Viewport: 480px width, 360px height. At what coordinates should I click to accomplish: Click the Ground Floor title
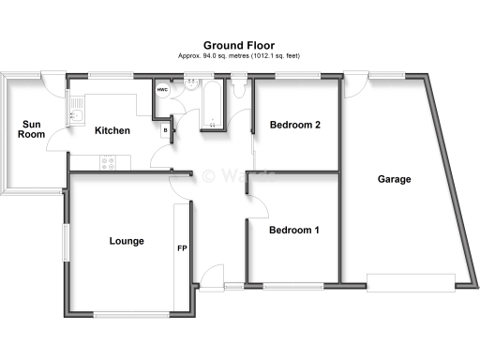[239, 43]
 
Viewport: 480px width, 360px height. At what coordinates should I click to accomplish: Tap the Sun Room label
[31, 129]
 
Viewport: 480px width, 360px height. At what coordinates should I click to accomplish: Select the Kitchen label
[112, 130]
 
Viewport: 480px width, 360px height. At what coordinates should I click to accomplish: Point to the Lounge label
[127, 241]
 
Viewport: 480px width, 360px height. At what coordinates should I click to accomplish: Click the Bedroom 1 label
[293, 230]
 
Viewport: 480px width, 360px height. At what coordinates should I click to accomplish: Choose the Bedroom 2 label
[295, 125]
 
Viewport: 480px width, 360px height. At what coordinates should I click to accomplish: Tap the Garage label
[395, 179]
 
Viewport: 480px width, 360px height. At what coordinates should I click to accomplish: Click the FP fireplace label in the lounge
[183, 249]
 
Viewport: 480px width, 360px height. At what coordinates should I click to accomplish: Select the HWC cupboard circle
[162, 90]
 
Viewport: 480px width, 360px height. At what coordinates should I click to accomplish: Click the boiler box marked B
[166, 130]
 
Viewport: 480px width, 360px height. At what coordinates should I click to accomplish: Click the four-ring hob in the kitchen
[109, 161]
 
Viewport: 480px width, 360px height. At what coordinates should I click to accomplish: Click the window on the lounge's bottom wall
[124, 314]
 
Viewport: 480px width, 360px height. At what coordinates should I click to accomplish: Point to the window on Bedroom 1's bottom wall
[293, 283]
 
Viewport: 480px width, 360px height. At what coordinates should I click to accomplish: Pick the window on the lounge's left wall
[65, 242]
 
